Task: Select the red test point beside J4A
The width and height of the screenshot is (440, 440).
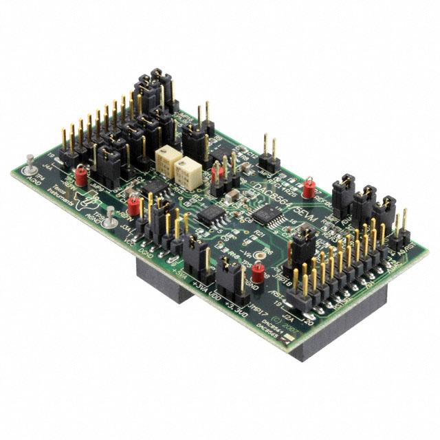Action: point(81,177)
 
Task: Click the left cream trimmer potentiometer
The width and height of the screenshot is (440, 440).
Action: point(165,157)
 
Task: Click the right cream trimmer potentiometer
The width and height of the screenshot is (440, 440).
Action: point(186,170)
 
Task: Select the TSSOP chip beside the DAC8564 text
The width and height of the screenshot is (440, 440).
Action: point(263,215)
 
